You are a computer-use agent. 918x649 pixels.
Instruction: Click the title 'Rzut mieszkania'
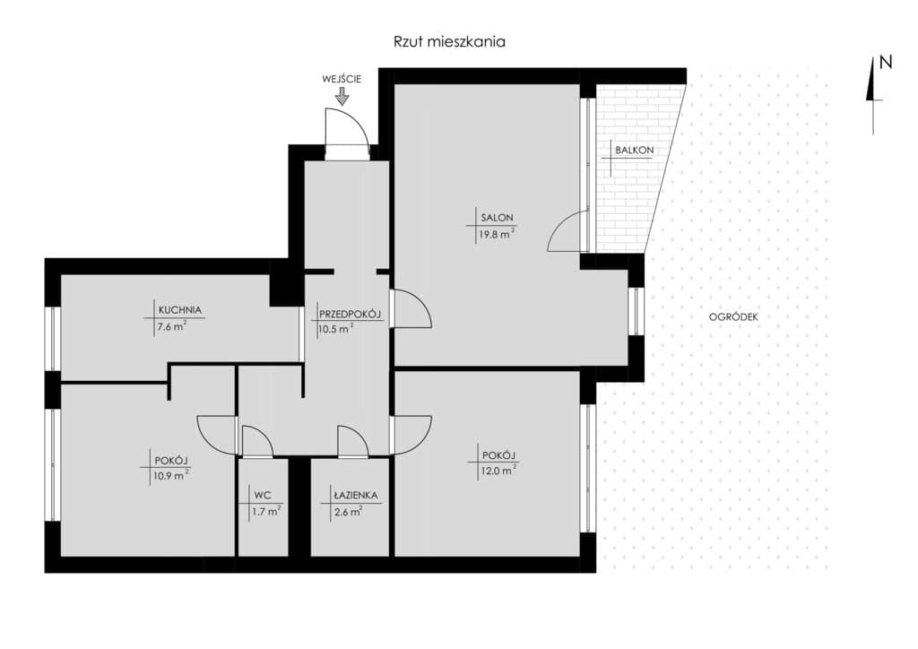pos(449,42)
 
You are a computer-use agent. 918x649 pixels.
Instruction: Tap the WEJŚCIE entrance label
pos(342,79)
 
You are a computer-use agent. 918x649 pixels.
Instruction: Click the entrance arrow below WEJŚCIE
pos(342,97)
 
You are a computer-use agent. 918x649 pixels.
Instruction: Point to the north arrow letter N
pos(887,62)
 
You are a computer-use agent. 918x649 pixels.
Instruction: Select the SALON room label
pos(497,218)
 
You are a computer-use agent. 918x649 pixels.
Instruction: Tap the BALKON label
pos(634,150)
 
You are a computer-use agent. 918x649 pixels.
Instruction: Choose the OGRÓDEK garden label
pos(733,316)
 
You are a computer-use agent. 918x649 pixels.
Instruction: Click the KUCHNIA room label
pos(179,310)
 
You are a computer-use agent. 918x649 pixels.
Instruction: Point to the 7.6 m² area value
pos(172,326)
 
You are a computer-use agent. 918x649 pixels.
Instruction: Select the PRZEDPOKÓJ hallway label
pos(350,315)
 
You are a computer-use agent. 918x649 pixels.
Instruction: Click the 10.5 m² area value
pos(335,328)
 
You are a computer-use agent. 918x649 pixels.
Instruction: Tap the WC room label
pos(263,495)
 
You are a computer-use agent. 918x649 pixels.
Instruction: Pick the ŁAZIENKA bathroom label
pos(355,495)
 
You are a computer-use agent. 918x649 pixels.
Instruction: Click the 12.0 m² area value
pos(498,471)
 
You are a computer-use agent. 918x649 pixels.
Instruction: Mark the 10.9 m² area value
pos(171,475)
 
